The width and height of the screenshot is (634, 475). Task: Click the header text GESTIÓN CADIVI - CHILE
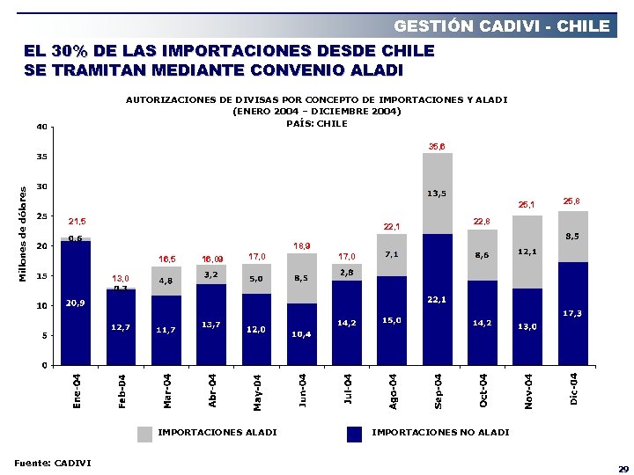[501, 26]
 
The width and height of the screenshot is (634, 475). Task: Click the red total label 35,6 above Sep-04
[437, 145]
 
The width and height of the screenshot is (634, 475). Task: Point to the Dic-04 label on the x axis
[573, 389]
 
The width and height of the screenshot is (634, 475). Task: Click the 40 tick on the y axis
[41, 127]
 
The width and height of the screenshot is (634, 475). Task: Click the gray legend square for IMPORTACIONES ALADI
[144, 433]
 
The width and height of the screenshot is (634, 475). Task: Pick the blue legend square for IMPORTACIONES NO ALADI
[355, 433]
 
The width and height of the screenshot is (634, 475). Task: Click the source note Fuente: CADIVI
[52, 463]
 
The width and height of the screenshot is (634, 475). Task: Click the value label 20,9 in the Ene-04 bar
[75, 303]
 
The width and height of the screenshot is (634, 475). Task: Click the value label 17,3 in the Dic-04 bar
[572, 313]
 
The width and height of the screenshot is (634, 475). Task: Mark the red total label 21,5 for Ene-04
[77, 221]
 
